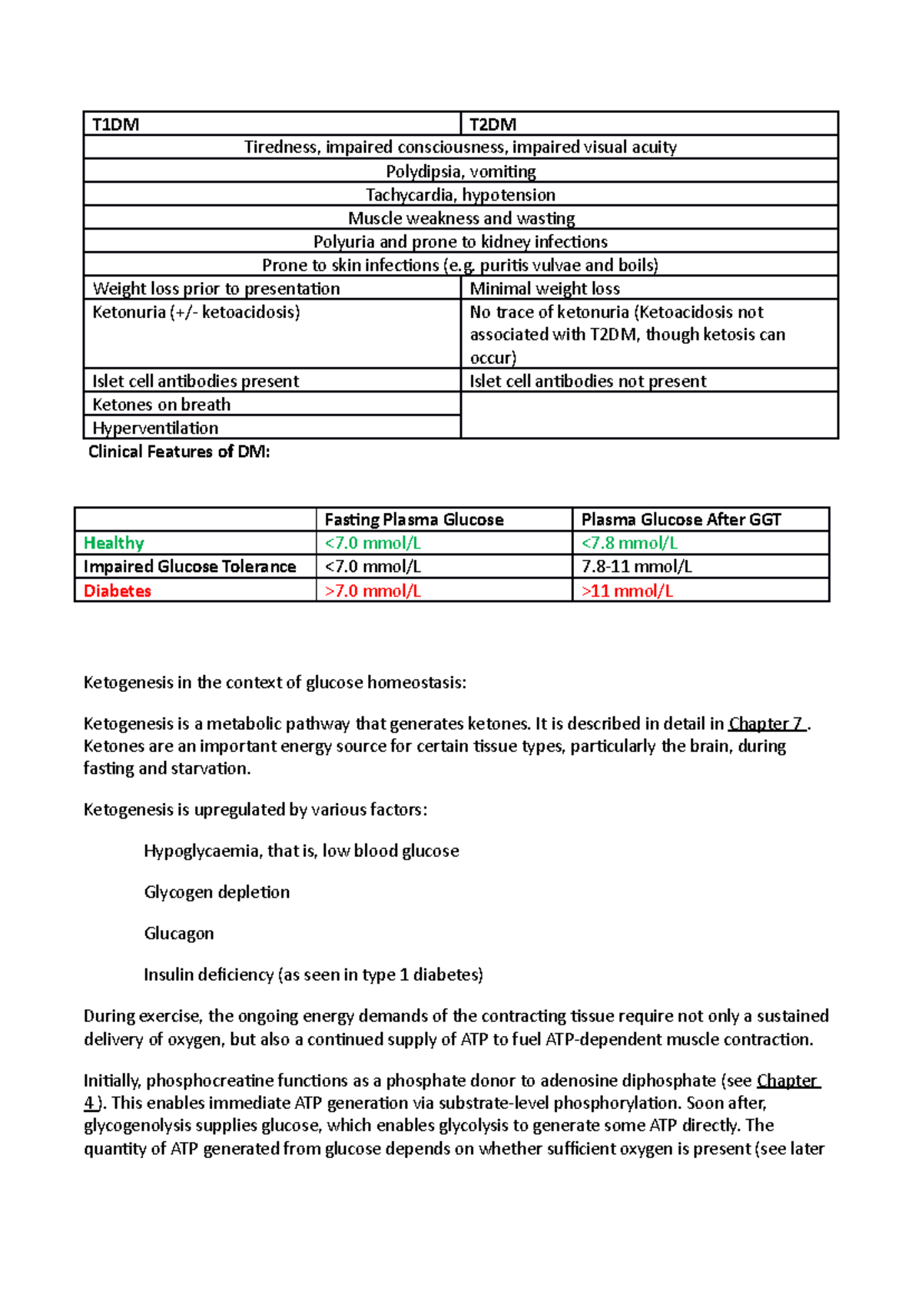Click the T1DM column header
116,124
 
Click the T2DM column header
493,124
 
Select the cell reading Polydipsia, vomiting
460,171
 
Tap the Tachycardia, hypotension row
460,195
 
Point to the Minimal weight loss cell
545,289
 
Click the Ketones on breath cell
161,405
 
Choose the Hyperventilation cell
155,428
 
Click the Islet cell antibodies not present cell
588,381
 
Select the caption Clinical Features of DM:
179,452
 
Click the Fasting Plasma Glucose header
414,520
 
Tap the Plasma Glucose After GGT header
681,520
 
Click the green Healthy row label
114,543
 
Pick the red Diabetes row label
117,591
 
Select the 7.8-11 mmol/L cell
636,567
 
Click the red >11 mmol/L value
627,591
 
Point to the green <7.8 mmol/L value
629,543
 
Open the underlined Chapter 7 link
766,723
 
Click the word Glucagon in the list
179,933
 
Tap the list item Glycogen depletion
217,892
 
